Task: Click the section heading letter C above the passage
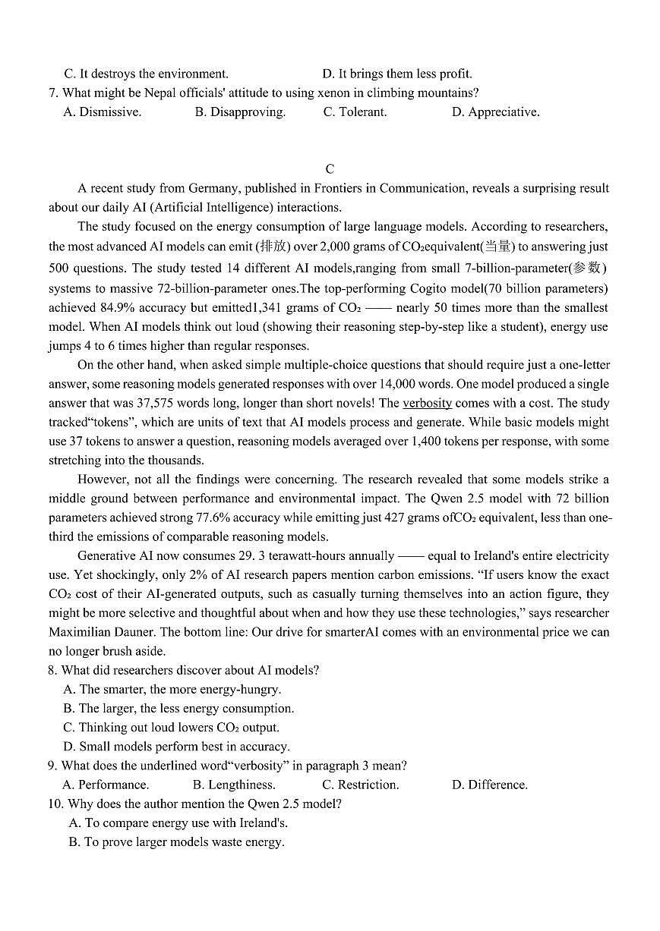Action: (x=329, y=169)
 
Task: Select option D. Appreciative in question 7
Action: (x=495, y=112)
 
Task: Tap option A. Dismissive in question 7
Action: (x=103, y=112)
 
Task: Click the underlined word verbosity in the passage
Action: (x=427, y=403)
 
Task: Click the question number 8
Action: (x=52, y=670)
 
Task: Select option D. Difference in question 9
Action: (x=489, y=785)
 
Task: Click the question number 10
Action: (x=55, y=804)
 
